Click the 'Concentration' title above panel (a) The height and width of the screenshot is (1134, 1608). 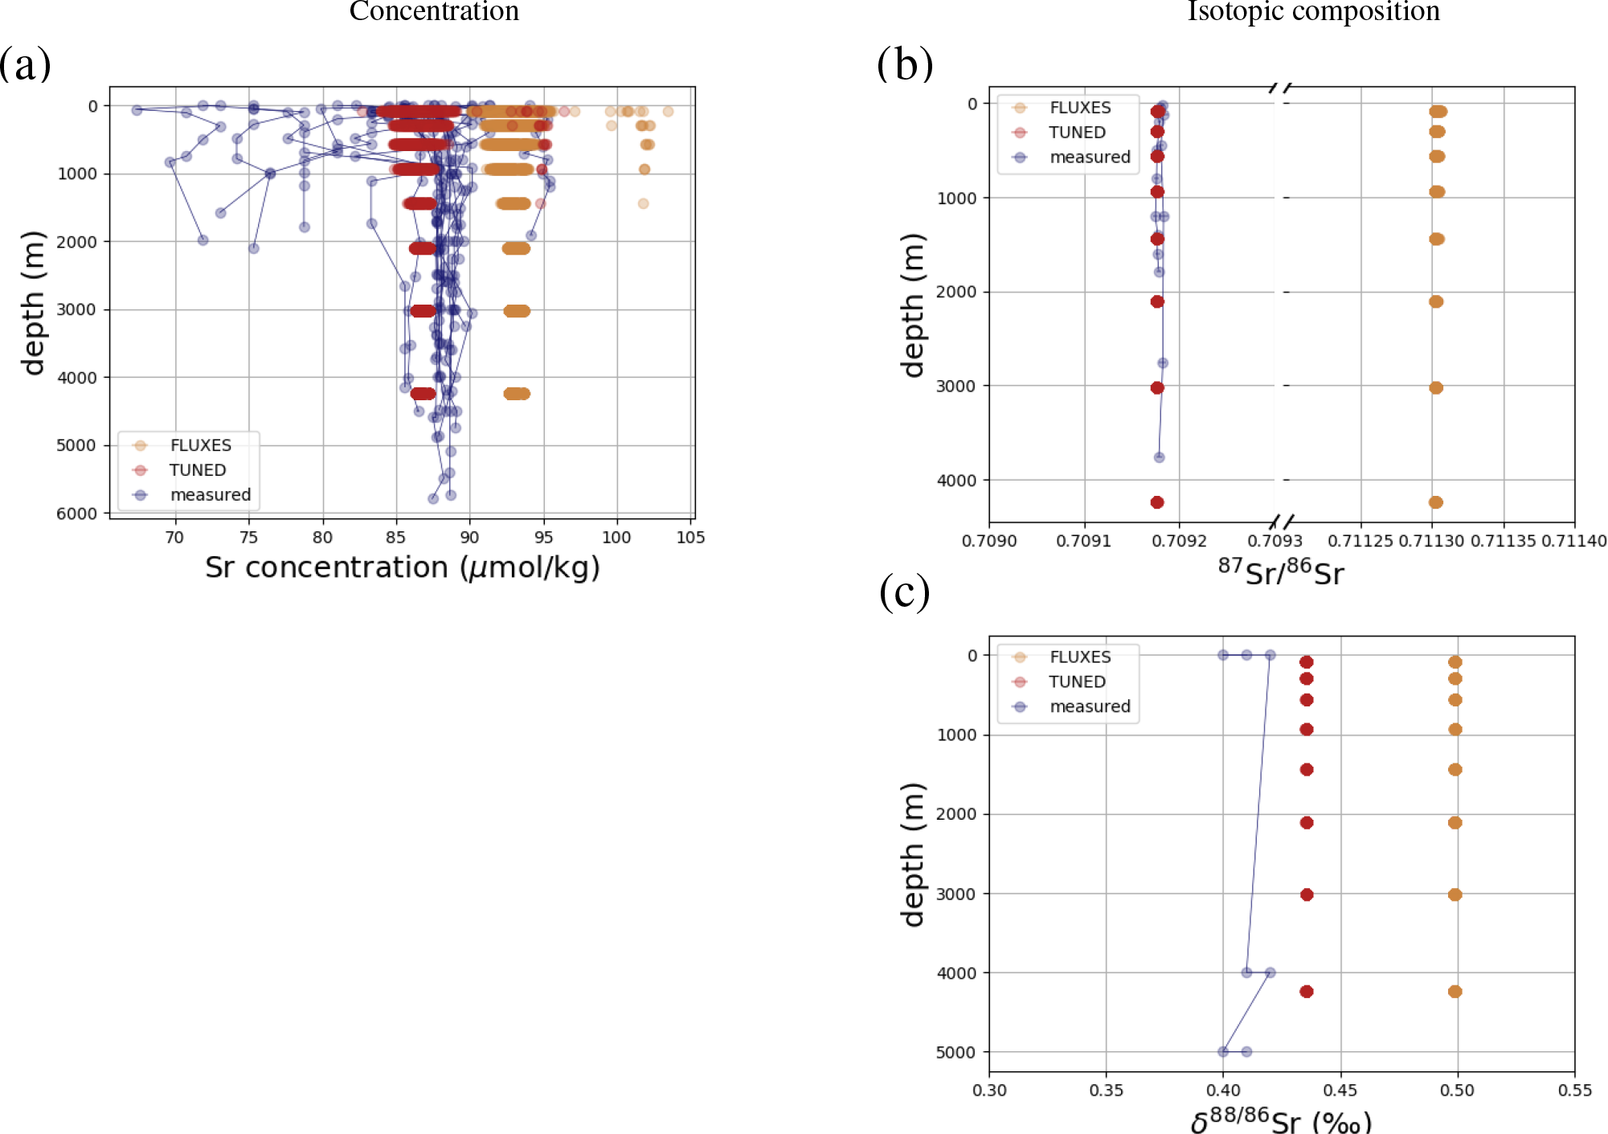pos(434,11)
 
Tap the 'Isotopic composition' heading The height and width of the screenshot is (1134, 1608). pos(1313,11)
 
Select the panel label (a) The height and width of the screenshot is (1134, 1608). pos(25,64)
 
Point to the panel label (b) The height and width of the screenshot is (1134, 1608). pos(905,64)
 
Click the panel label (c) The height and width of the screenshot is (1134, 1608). pos(905,593)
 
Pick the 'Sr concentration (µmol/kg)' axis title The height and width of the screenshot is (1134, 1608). pos(402,567)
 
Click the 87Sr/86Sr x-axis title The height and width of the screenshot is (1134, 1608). pos(1280,571)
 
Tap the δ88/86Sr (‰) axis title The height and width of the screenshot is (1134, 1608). pos(1280,1120)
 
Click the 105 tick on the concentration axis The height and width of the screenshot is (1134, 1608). pos(690,538)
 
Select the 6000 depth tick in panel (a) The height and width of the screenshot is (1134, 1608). pos(76,514)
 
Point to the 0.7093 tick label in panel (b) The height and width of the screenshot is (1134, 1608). pos(1275,541)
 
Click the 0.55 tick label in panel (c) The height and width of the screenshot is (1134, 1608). pos(1574,1091)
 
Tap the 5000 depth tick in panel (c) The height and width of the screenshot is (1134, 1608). pos(956,1052)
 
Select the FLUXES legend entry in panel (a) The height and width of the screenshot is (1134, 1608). pos(200,445)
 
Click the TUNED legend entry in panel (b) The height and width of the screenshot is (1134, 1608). pos(1077,133)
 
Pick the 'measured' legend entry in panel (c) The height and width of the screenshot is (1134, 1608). pos(1090,706)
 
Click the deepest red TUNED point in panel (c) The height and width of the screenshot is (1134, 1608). pos(1307,992)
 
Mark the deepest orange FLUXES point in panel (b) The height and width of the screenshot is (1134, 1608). pos(1436,502)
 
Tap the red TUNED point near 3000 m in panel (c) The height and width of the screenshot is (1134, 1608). pos(1307,895)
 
